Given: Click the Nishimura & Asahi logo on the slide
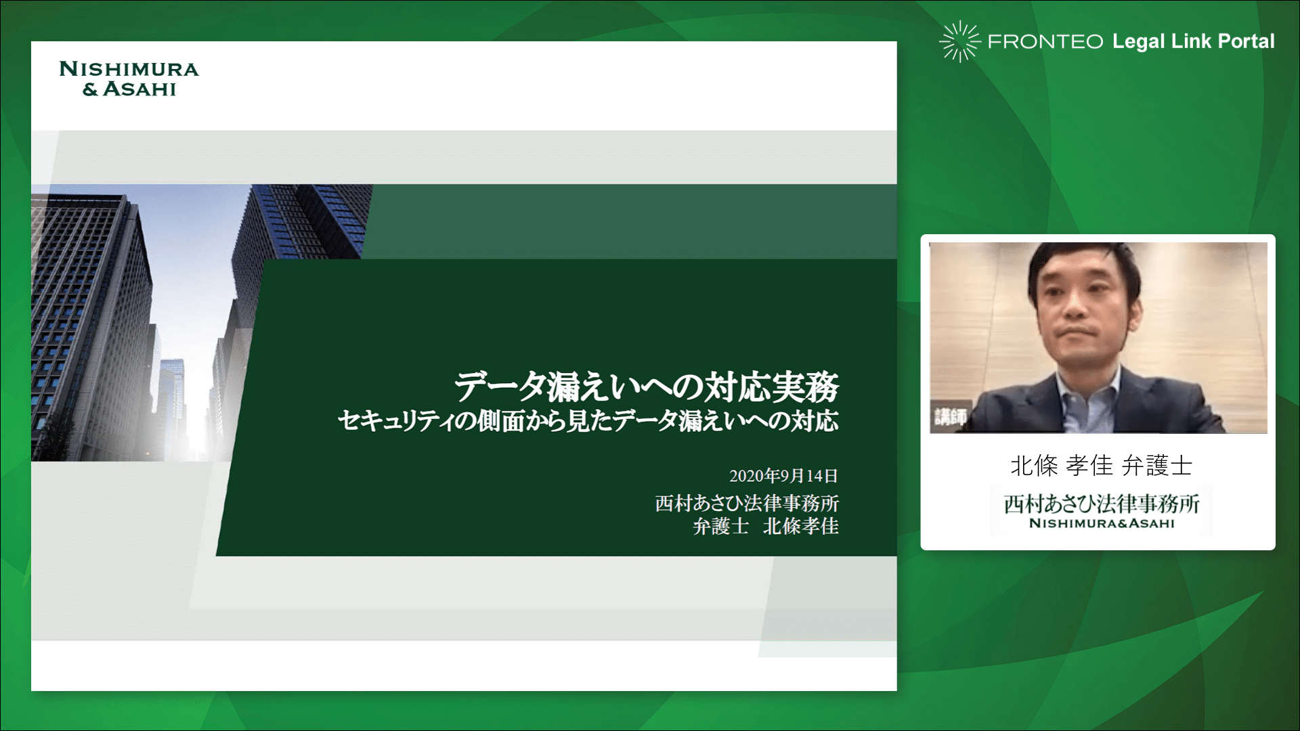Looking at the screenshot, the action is click(x=129, y=79).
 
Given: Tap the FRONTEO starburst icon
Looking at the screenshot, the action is click(x=959, y=41).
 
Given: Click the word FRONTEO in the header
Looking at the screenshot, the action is click(x=1045, y=42).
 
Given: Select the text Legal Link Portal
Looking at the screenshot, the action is click(x=1193, y=41).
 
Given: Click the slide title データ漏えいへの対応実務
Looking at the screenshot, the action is click(x=647, y=386).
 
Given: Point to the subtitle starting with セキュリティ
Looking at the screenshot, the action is click(x=588, y=421).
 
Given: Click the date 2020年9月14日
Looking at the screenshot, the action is click(x=783, y=476).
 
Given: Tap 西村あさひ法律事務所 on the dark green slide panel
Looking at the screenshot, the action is click(x=747, y=503).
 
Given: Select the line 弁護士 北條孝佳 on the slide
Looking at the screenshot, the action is click(x=766, y=526).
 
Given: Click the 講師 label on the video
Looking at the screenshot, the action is click(x=950, y=416).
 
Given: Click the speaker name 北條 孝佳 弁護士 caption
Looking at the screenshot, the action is click(x=1101, y=465).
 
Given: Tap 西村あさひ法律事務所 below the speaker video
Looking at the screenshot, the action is click(x=1102, y=504).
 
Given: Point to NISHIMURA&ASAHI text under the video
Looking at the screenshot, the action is click(x=1102, y=523).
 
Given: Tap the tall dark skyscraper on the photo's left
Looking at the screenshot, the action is click(x=91, y=325).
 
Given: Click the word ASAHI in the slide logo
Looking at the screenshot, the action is click(x=139, y=89).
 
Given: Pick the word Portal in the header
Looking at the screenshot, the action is click(x=1247, y=41).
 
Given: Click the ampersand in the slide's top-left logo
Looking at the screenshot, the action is click(x=90, y=89).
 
